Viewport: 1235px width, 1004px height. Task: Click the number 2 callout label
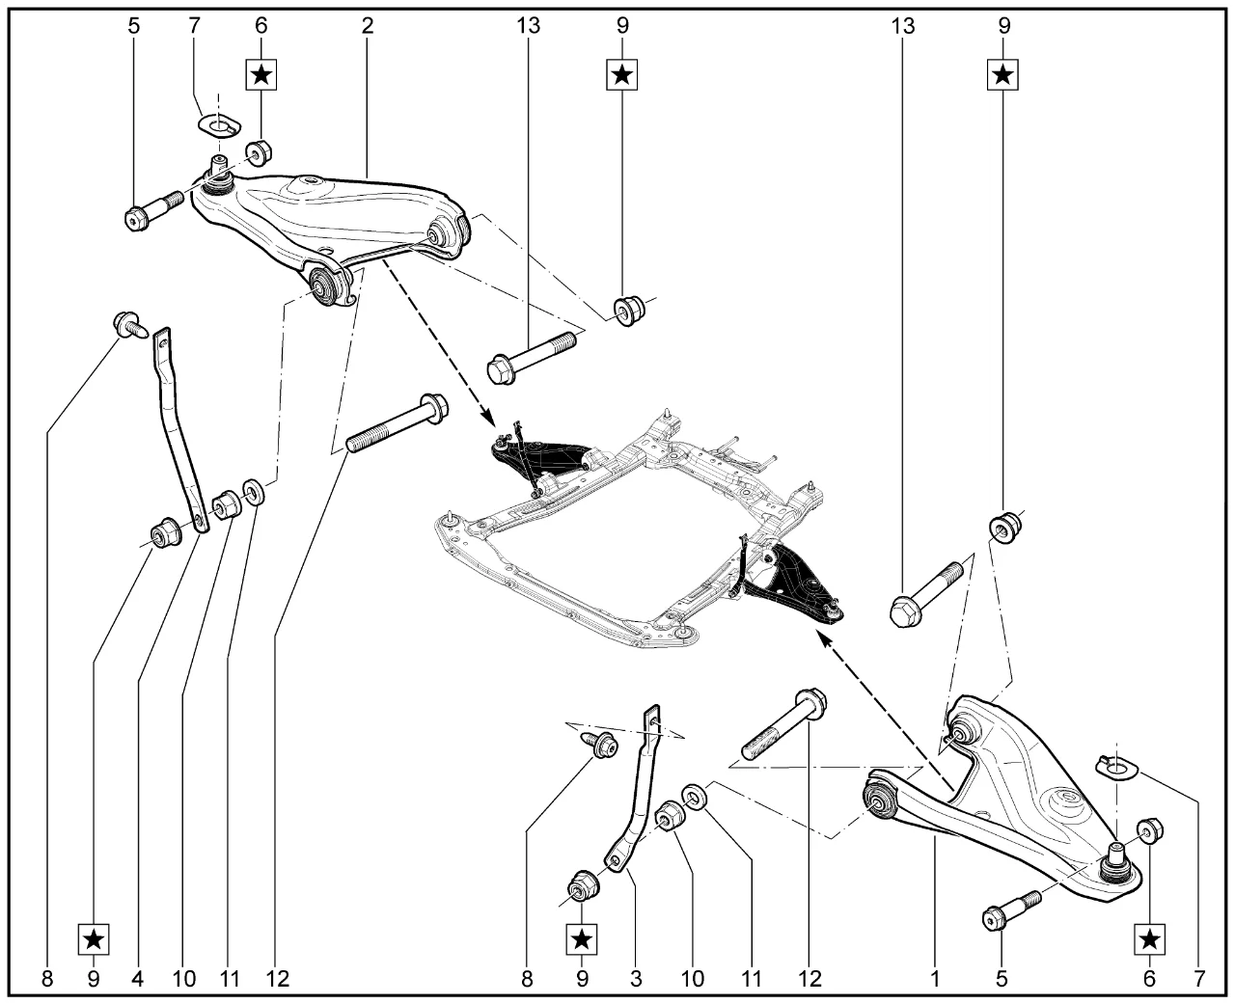[368, 26]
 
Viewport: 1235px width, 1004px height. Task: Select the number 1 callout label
[935, 979]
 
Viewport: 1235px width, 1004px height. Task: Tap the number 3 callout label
[636, 979]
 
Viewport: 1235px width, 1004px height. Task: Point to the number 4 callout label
[137, 979]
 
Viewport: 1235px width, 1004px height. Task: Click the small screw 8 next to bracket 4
[129, 324]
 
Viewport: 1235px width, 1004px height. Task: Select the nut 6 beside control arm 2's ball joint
[260, 152]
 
